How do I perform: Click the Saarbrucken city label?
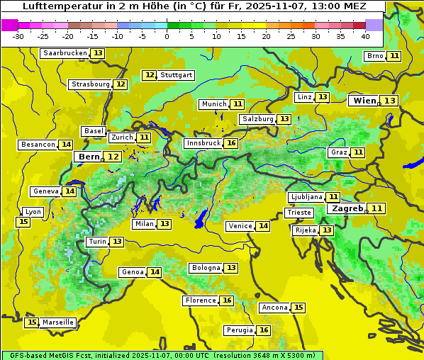(x=65, y=53)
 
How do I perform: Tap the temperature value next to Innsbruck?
(x=231, y=143)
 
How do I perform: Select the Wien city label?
(x=364, y=101)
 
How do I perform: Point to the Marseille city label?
(x=58, y=322)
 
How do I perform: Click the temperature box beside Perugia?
(x=264, y=330)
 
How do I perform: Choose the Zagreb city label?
(x=347, y=208)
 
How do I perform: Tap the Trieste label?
(x=299, y=213)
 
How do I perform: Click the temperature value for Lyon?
(x=23, y=222)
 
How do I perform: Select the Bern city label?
(x=89, y=157)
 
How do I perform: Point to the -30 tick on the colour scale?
(x=19, y=35)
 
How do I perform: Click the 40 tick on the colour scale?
(x=365, y=35)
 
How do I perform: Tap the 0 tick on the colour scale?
(x=167, y=35)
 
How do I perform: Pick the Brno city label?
(x=375, y=56)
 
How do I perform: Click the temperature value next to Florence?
(x=227, y=300)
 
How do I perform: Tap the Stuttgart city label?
(x=177, y=75)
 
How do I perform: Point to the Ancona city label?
(x=274, y=308)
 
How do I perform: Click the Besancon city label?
(x=38, y=145)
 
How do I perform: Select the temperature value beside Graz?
(x=359, y=152)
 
